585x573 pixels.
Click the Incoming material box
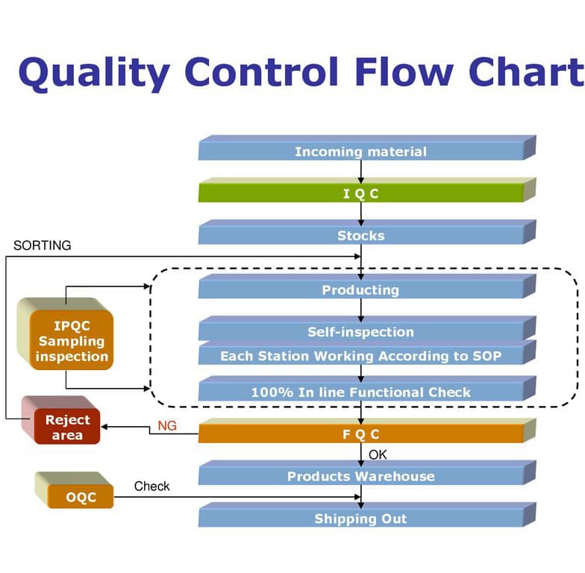coord(361,151)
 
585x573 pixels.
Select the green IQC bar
coord(361,194)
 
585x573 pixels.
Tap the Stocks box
coord(361,236)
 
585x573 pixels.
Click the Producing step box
coord(361,290)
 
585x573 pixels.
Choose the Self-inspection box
coord(361,332)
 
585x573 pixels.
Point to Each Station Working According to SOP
coord(361,356)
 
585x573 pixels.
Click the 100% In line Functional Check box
coord(361,392)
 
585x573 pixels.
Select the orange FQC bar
coord(361,433)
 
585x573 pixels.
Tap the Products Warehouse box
coord(361,476)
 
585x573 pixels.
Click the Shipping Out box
coord(361,519)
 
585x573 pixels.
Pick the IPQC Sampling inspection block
coord(72,341)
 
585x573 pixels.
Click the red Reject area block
coord(67,428)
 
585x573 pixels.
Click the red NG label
coord(167,425)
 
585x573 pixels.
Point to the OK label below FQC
coord(378,454)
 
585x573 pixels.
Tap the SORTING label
coord(43,245)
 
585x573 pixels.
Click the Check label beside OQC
coord(151,486)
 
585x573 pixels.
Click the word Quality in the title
coord(93,72)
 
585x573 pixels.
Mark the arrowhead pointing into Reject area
coord(105,427)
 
